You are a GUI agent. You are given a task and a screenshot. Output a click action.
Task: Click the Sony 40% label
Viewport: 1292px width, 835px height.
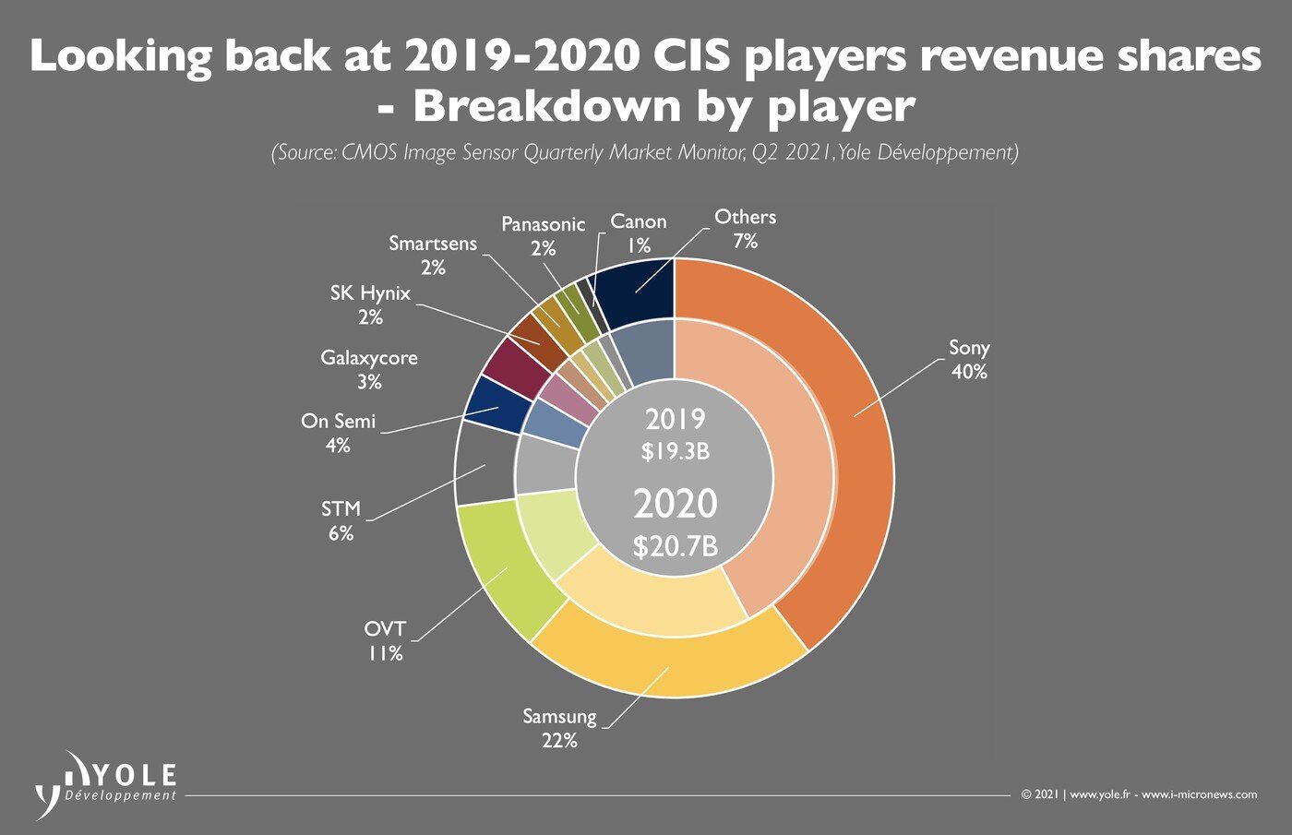(x=969, y=360)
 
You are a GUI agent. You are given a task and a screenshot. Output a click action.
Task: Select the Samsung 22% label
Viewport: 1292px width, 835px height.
(x=559, y=728)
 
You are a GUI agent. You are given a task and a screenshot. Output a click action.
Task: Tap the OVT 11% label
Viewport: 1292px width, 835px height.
(x=385, y=641)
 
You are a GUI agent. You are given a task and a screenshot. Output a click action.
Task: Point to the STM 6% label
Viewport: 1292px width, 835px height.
(x=341, y=521)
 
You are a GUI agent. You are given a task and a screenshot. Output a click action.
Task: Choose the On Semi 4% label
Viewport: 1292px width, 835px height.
(x=338, y=433)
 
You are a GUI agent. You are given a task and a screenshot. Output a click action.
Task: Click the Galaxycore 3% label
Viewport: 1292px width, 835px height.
(x=369, y=369)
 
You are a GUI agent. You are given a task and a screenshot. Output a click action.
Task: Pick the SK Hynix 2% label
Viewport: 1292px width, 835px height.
(x=370, y=304)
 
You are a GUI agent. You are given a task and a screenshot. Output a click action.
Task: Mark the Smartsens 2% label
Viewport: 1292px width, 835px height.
(x=433, y=256)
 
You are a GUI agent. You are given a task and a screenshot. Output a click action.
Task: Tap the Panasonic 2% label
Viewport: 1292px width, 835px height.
(x=543, y=236)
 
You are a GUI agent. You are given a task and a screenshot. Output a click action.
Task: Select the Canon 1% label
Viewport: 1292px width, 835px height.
(x=639, y=233)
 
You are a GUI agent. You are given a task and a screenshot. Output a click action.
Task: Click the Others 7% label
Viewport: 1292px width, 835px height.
(x=745, y=229)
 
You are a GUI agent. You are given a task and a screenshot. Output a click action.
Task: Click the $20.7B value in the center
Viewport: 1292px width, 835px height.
(x=675, y=546)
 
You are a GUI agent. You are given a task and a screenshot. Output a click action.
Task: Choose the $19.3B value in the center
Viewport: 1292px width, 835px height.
(x=675, y=452)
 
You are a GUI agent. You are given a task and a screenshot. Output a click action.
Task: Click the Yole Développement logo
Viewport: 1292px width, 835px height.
(x=106, y=784)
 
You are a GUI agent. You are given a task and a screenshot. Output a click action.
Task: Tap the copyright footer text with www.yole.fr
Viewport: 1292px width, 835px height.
(x=1139, y=794)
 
